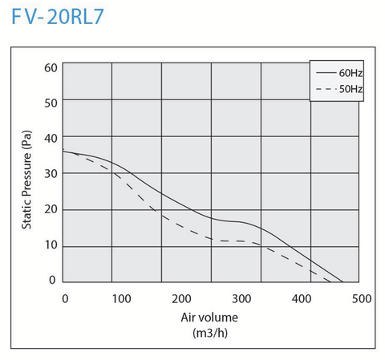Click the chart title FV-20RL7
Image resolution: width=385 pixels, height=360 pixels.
59,17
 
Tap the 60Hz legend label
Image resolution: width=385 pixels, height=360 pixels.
350,72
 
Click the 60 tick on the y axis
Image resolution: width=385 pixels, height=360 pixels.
51,67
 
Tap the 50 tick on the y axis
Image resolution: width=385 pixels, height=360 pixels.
51,103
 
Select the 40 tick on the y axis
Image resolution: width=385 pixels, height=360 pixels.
51,139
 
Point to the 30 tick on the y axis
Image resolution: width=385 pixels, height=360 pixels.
51,173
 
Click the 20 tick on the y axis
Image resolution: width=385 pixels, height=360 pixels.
51,209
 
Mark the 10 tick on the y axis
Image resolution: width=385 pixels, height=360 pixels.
51,245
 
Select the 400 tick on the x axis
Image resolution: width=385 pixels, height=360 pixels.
301,298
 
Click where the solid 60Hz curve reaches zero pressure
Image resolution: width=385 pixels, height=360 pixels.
343,282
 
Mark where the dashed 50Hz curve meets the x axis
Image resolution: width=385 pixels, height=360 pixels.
330,282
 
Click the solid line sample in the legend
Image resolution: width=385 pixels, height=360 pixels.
324,72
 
